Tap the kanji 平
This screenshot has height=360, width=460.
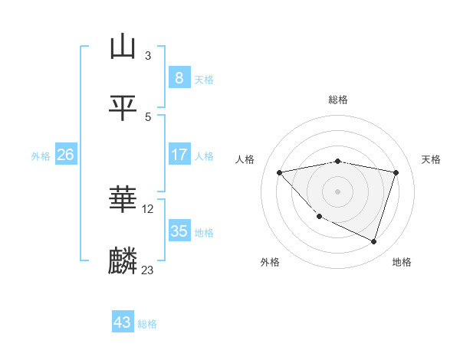(123, 108)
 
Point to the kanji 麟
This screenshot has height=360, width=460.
(123, 261)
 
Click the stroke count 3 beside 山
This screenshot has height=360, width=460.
(148, 55)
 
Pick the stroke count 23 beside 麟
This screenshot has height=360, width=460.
(147, 270)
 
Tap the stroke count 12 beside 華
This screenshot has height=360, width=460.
(148, 208)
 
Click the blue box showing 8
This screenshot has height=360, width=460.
(179, 77)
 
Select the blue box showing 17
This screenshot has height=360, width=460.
(179, 155)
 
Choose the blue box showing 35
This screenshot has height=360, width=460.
(179, 231)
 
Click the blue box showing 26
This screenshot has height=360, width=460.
(65, 155)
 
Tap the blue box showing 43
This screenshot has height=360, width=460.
(123, 322)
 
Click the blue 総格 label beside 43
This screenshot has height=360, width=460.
(147, 324)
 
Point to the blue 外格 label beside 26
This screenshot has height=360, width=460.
(41, 155)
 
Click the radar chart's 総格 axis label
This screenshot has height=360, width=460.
(338, 100)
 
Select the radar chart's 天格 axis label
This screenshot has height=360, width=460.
(432, 159)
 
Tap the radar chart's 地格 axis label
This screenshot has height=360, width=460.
(402, 262)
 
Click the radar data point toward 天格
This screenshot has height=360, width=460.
(396, 172)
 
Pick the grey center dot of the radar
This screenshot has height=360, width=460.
(337, 191)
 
